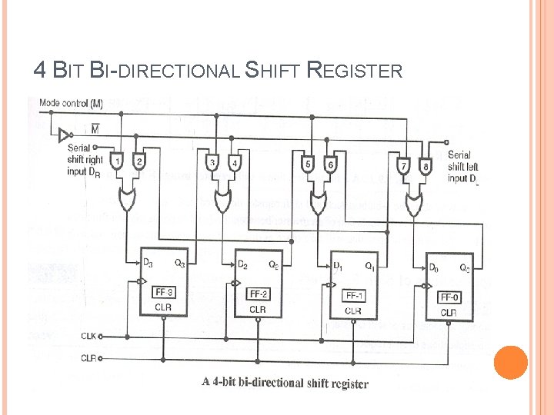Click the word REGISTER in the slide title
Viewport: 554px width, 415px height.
point(354,71)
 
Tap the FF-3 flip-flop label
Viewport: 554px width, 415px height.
point(163,292)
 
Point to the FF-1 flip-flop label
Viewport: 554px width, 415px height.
point(352,296)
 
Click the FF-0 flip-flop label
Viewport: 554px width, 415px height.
point(449,297)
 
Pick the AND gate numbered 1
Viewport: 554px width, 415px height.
point(118,162)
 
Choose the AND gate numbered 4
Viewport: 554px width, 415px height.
point(235,163)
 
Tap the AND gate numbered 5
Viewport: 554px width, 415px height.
point(308,164)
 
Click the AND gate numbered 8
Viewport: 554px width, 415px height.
point(426,165)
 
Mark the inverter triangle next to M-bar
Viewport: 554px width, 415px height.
point(64,136)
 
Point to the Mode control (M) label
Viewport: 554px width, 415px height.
point(71,102)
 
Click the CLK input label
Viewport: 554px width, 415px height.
point(89,336)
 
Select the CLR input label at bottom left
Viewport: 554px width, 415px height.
point(89,357)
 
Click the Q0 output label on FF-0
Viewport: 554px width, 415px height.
point(465,268)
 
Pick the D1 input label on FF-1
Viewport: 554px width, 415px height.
point(337,266)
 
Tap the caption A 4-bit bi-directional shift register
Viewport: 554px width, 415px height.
point(285,383)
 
